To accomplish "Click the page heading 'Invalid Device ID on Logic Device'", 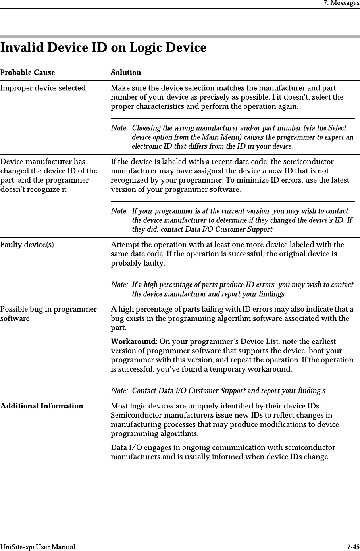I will (103, 48).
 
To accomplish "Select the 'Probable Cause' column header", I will (27, 73).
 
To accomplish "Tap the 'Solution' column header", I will (126, 73).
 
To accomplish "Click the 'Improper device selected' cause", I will (43, 88).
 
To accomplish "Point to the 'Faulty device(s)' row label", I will (27, 245).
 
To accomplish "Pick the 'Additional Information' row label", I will (42, 406).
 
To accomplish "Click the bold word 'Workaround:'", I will (134, 341).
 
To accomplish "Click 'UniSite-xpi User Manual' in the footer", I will (38, 547).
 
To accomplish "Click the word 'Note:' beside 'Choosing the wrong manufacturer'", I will (119, 128).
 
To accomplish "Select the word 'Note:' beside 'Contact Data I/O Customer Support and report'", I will (119, 391).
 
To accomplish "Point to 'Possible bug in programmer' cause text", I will (48, 309).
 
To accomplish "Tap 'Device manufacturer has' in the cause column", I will (42, 162).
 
